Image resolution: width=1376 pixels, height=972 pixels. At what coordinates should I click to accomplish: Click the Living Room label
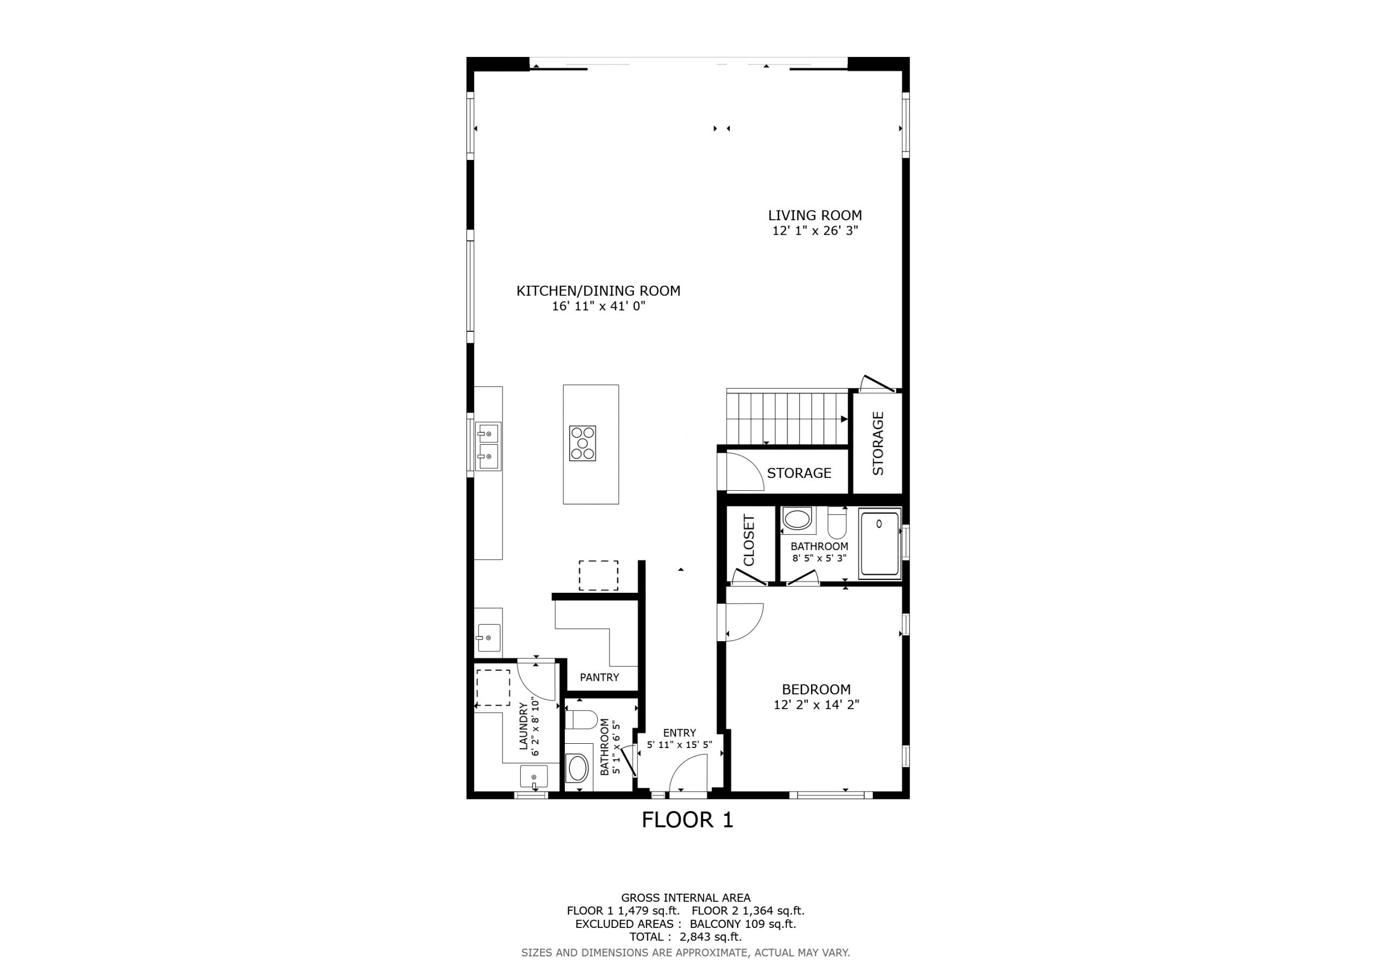click(815, 215)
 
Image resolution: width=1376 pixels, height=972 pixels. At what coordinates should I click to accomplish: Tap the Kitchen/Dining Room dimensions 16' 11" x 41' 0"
click(599, 307)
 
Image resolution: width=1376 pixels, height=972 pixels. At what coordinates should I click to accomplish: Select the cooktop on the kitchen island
click(583, 443)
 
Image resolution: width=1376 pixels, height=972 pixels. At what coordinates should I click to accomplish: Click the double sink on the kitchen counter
click(489, 446)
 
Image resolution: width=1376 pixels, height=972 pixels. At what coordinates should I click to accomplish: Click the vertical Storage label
click(878, 443)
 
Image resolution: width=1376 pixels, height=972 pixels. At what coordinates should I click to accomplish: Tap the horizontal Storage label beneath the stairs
click(799, 473)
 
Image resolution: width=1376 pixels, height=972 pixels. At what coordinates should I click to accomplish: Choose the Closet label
click(749, 540)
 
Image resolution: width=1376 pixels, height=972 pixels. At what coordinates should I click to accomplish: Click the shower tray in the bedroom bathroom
click(880, 544)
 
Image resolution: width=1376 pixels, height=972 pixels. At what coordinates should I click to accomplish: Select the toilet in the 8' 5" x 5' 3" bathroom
click(837, 524)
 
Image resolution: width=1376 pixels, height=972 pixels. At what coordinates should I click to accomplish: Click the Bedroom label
click(816, 690)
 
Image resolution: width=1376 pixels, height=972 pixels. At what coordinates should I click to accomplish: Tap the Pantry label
click(599, 677)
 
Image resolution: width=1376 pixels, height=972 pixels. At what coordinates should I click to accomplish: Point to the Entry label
click(679, 733)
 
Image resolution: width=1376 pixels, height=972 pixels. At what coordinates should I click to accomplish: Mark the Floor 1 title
click(687, 820)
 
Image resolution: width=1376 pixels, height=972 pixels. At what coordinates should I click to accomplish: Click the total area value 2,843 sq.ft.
click(711, 937)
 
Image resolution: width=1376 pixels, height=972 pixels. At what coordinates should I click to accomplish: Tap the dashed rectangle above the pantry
click(598, 576)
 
